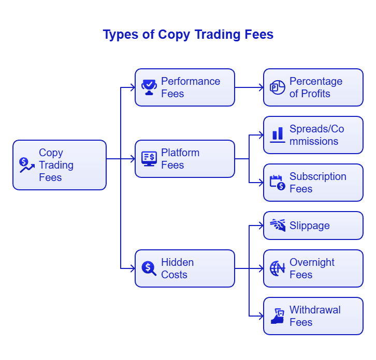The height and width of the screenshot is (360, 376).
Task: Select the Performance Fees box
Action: (184, 87)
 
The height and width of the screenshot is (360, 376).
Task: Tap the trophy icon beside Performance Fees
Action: (149, 87)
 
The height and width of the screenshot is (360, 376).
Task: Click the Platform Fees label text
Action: (180, 159)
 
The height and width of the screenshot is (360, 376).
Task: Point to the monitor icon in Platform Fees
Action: (149, 158)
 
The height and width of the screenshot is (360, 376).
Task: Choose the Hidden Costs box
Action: (184, 268)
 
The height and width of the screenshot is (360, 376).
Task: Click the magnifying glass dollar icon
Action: (149, 268)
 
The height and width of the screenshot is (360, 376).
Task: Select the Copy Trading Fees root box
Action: (59, 165)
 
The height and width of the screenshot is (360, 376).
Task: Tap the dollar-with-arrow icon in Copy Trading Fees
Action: (26, 165)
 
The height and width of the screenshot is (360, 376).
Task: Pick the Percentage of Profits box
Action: (313, 87)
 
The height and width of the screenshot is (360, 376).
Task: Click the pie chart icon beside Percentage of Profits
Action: (278, 87)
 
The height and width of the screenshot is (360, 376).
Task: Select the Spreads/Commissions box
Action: (313, 135)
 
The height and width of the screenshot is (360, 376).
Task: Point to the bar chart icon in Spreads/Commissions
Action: (278, 135)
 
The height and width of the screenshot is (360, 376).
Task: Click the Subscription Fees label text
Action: (317, 183)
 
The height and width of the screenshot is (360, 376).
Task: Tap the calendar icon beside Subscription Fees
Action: (278, 182)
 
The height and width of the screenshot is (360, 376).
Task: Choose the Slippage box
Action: (313, 226)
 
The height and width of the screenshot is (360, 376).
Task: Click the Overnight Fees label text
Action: (312, 268)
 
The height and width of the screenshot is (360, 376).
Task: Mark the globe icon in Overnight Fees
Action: (278, 268)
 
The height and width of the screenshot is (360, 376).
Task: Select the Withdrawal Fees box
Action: (313, 316)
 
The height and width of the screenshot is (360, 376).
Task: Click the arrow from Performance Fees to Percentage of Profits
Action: (249, 87)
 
